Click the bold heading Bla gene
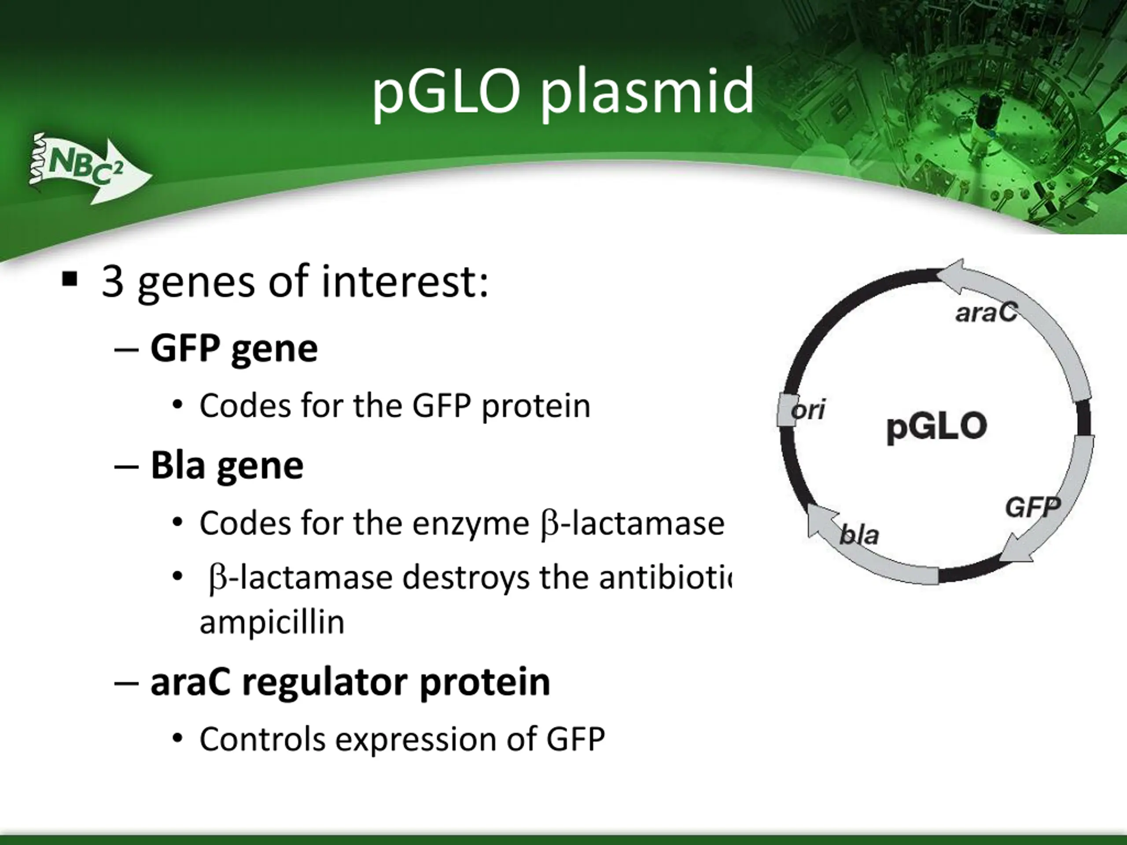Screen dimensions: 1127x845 pyautogui.click(x=227, y=466)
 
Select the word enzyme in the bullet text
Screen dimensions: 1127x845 pyautogui.click(x=471, y=525)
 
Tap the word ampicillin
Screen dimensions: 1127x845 pyautogui.click(x=272, y=622)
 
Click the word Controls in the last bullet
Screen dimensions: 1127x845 pyautogui.click(x=262, y=739)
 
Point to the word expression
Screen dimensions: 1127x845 pyautogui.click(x=415, y=741)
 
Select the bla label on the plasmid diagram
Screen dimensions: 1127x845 pyautogui.click(x=859, y=534)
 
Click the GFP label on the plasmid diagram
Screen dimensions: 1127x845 pyautogui.click(x=1033, y=507)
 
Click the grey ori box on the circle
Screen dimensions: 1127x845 pyautogui.click(x=787, y=409)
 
